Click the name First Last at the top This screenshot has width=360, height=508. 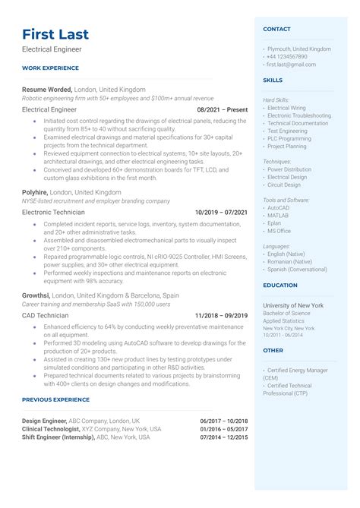coord(55,34)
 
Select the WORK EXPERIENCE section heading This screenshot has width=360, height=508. coord(49,68)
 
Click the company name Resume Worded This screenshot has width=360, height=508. coord(47,89)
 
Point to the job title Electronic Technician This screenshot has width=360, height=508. coord(55,213)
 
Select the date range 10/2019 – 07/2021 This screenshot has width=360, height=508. coord(221,213)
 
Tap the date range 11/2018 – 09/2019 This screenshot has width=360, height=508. coord(221,314)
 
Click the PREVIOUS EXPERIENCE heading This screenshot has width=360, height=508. coord(56,399)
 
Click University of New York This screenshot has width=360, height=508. coord(293,305)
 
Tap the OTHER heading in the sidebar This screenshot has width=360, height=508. coord(273,351)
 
